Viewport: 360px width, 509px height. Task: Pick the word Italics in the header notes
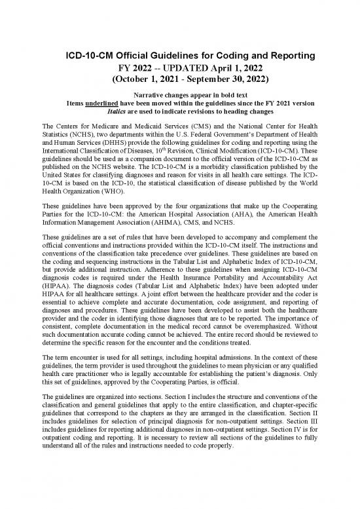coord(109,112)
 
